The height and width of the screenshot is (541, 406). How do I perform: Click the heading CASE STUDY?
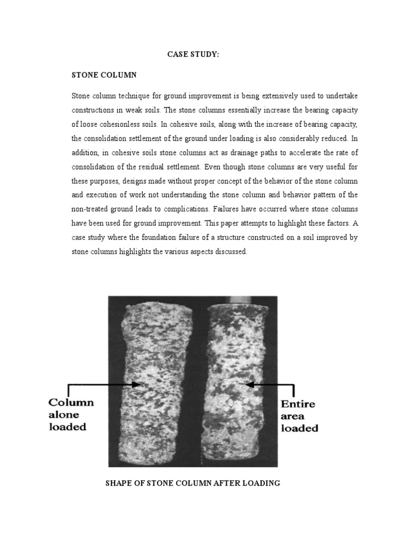pos(193,54)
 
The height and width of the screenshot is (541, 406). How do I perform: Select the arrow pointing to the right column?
pos(269,385)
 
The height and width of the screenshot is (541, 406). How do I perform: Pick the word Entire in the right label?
pos(298,404)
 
